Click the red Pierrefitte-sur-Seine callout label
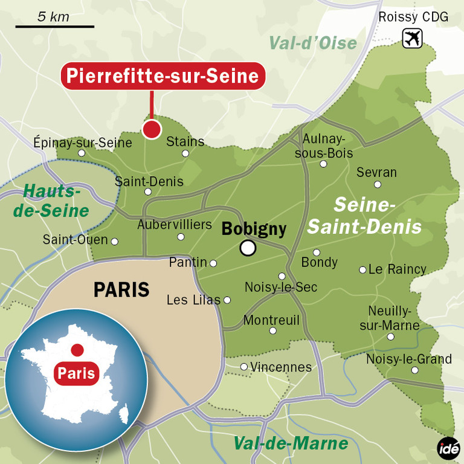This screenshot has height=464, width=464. [x=163, y=76]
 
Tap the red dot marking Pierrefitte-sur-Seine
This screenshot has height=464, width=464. [x=151, y=129]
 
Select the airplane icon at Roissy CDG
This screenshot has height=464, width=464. [x=413, y=38]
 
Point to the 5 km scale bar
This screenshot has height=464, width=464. [x=55, y=26]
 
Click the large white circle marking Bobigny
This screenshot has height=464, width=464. [x=247, y=248]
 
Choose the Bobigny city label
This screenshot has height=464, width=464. [x=254, y=228]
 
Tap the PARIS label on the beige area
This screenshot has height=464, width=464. [x=121, y=289]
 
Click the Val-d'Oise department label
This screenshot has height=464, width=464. [x=313, y=43]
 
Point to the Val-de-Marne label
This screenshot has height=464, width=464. [x=291, y=443]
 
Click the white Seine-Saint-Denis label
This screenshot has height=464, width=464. [x=365, y=216]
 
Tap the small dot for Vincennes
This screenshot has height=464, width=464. [x=244, y=367]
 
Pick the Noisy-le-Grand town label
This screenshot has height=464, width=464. [x=409, y=359]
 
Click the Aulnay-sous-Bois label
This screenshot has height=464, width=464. [x=324, y=146]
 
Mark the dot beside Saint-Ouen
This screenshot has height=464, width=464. [x=115, y=242]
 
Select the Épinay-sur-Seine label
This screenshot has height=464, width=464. [x=83, y=143]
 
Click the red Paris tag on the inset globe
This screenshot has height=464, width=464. [x=77, y=373]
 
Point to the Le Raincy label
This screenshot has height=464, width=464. [x=398, y=269]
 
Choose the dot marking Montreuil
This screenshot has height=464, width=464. [x=272, y=330]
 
